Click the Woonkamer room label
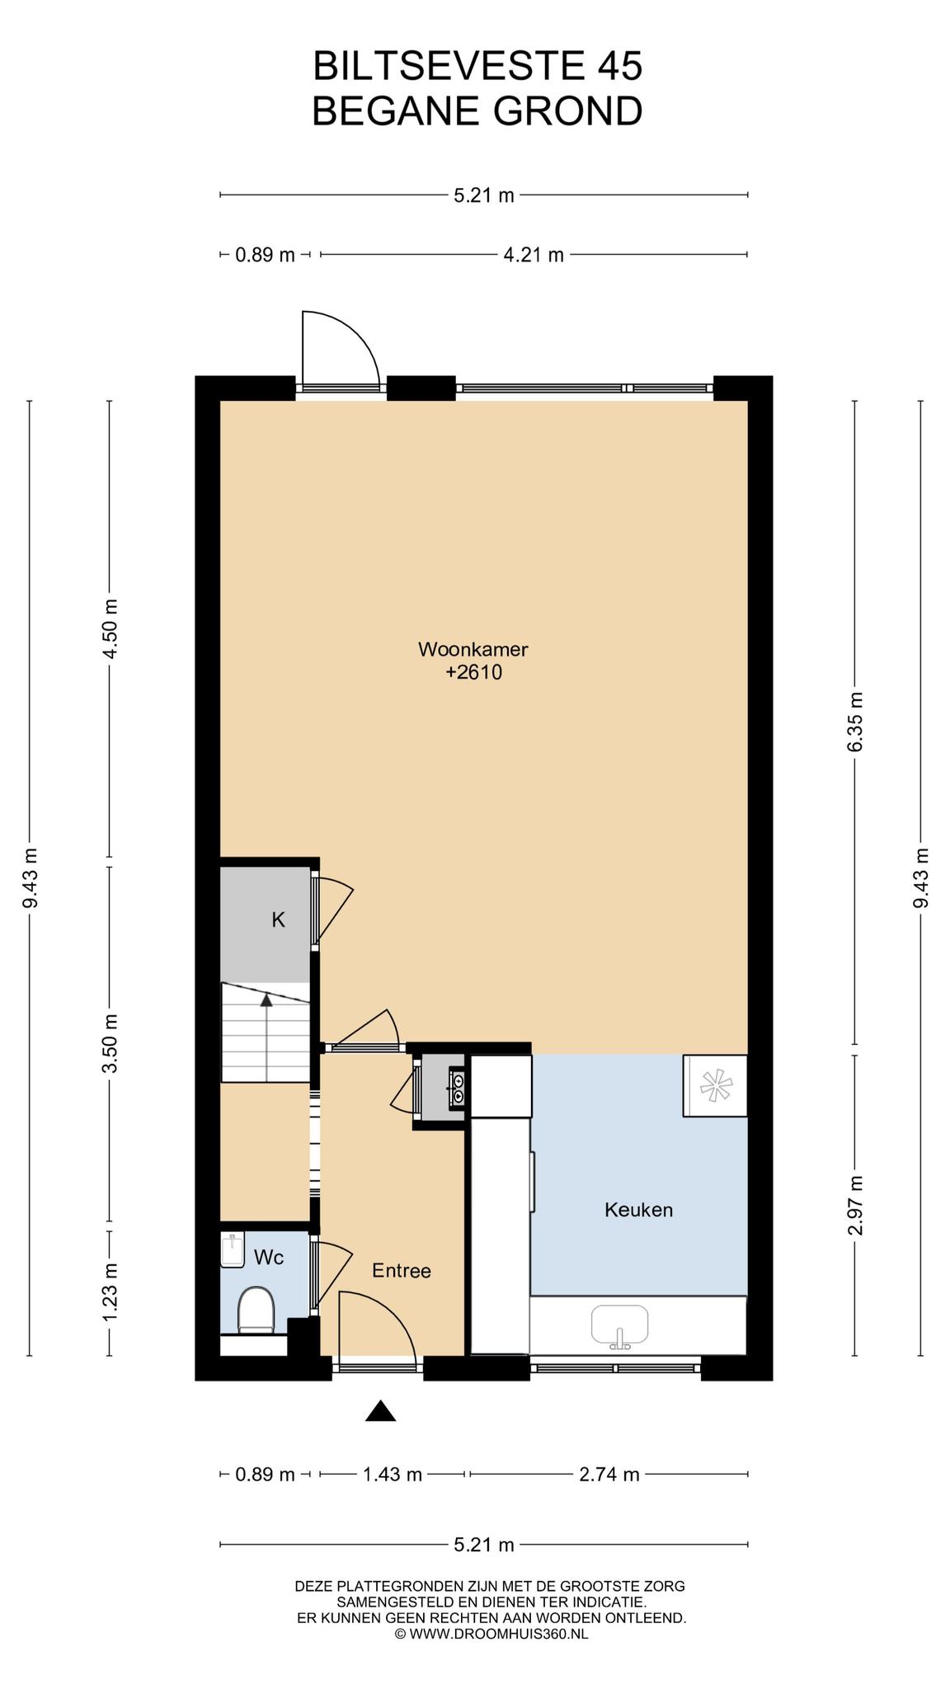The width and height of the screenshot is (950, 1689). tap(473, 649)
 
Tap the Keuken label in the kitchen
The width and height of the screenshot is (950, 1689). tap(638, 1210)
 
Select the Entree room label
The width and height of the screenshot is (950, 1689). tap(402, 1271)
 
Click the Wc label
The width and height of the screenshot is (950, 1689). tap(269, 1258)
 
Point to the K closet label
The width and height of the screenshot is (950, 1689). tap(279, 920)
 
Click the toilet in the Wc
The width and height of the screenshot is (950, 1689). tap(256, 1311)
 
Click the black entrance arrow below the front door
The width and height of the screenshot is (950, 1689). tap(380, 1411)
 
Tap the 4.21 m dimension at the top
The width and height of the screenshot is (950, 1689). tap(534, 255)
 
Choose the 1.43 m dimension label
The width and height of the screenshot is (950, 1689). tap(393, 1475)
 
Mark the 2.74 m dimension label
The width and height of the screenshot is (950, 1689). tap(609, 1475)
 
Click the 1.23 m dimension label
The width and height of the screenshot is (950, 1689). tap(110, 1291)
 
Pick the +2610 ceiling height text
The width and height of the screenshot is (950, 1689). tap(473, 672)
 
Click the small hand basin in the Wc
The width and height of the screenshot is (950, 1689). tap(233, 1250)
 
